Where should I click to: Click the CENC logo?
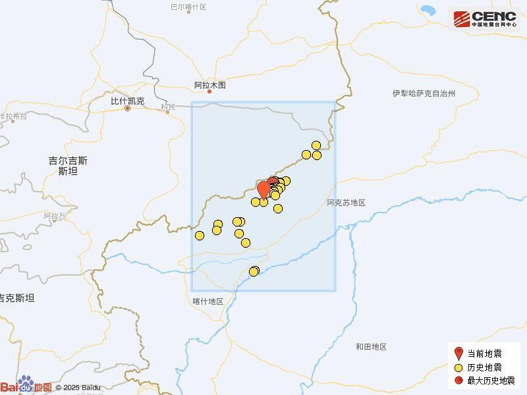[x=484, y=19]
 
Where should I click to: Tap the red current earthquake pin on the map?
[x=263, y=189]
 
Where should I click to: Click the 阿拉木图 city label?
[x=210, y=85]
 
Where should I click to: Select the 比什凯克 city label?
[x=127, y=101]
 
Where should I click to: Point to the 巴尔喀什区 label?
[x=188, y=7]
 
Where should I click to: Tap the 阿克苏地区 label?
[x=346, y=203]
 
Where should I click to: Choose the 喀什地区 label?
[x=208, y=302]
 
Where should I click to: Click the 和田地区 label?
[x=371, y=347]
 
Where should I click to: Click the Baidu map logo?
[x=26, y=386]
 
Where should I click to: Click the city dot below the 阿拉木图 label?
[x=210, y=92]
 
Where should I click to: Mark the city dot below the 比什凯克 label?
[x=127, y=109]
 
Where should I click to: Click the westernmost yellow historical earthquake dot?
[x=200, y=236]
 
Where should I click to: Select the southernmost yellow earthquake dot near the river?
[x=254, y=272]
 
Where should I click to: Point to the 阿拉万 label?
[x=55, y=216]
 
